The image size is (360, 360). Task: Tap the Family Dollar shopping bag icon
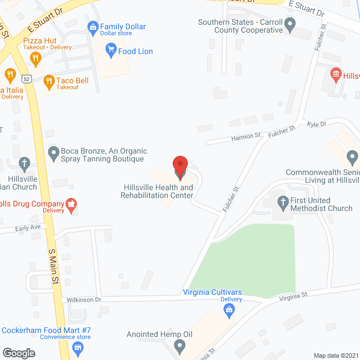93,26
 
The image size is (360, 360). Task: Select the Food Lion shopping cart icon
110,51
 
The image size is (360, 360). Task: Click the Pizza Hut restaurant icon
35,58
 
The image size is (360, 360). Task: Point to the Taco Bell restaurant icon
48,81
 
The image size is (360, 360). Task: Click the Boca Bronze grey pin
53,151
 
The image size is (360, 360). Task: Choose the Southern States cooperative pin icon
290,24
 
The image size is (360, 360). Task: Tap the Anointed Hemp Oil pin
179,344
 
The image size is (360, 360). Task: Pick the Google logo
18,353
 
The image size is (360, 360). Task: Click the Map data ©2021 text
335,355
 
